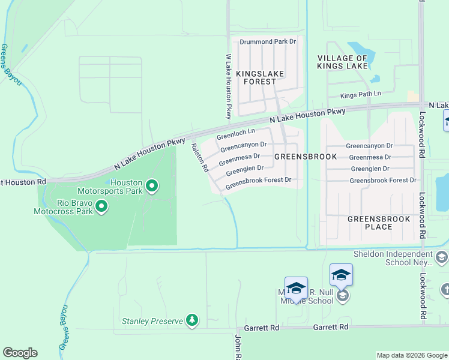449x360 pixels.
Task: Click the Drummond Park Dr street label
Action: coord(268,42)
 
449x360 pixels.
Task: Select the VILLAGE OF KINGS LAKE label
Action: coord(342,62)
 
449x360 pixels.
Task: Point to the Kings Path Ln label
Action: coord(361,95)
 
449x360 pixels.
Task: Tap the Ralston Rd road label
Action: coord(199,157)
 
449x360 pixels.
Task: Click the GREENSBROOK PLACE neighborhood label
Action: coord(379,223)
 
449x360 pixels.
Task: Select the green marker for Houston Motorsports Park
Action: coord(152,186)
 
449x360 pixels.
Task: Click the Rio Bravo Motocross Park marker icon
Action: coord(101,207)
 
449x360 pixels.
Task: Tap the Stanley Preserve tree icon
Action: coord(191,320)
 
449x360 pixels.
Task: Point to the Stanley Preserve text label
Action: coord(152,321)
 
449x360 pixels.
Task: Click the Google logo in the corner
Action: coord(20,353)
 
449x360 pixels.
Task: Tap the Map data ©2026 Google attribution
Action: coord(411,355)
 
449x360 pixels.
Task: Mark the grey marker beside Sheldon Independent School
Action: coord(442,257)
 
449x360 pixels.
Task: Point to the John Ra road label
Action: coord(238,347)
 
